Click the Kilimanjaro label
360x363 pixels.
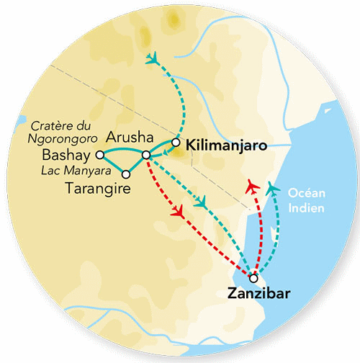click(x=226, y=145)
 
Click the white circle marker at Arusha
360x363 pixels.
click(x=146, y=155)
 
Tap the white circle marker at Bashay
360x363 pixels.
click(x=100, y=154)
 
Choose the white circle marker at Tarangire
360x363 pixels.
click(x=127, y=174)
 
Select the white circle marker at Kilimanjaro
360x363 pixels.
click(x=176, y=142)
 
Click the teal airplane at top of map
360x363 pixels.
click(x=152, y=58)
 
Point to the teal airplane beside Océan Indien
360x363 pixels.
click(x=271, y=188)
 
